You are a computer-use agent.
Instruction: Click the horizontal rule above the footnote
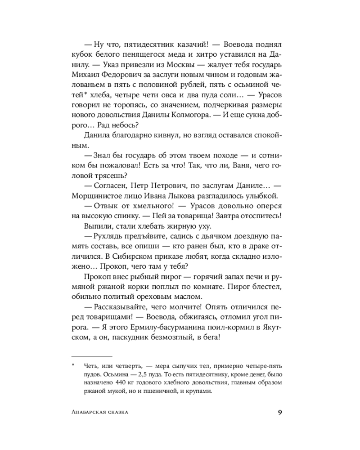pyautogui.click(x=91, y=355)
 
